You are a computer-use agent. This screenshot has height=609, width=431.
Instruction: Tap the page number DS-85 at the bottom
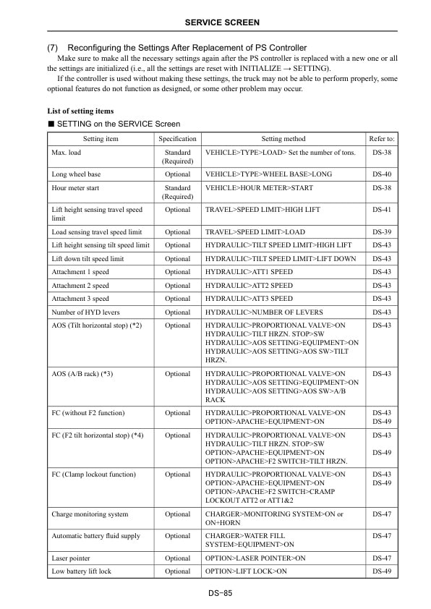pos(215,593)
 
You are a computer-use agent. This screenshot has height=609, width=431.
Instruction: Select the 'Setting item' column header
pos(101,139)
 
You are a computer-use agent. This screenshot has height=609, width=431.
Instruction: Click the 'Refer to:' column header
pos(382,139)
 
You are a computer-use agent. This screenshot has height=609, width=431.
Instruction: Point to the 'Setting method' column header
pos(283,139)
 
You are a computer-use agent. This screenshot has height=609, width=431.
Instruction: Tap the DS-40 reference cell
pos(382,174)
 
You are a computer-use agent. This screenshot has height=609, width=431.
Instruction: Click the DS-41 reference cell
pos(382,210)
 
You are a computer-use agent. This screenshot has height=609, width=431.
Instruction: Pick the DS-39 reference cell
pos(382,232)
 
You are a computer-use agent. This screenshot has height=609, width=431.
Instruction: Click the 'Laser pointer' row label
pos(71,558)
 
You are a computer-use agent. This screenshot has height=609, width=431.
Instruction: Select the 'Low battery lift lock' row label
pos(81,571)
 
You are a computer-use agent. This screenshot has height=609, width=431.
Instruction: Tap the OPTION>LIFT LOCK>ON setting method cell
pos(246,571)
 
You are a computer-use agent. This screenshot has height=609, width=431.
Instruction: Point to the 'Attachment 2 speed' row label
pos(80,286)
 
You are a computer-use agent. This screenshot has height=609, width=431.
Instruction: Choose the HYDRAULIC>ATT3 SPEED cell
pos(249,299)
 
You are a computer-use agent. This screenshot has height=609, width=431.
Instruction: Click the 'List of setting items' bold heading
pos(80,111)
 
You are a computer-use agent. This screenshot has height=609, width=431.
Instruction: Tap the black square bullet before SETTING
pos(51,124)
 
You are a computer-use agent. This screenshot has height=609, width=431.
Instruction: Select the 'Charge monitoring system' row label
pos(90,514)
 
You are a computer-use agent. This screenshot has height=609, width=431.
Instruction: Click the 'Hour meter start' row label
pos(76,188)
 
